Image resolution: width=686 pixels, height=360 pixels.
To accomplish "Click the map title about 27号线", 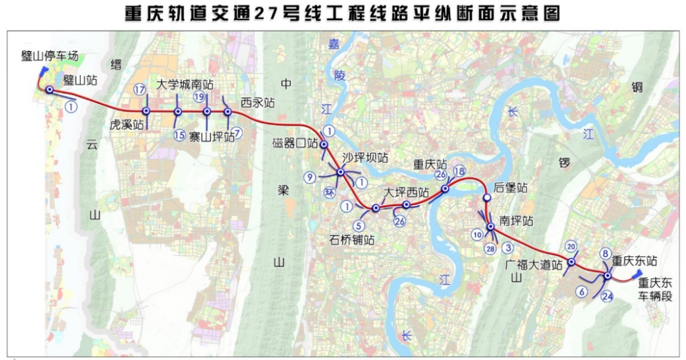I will tap(342, 14).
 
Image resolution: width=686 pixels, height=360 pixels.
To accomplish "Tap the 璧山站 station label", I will tap(80, 80).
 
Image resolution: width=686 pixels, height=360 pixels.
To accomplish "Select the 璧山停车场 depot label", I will tap(50, 56).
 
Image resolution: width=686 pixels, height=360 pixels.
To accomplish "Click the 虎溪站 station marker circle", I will tap(145, 111).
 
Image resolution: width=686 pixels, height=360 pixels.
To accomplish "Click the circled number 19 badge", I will tap(199, 97).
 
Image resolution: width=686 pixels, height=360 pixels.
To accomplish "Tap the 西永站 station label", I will tap(258, 103).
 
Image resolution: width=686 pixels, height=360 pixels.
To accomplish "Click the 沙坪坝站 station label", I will tap(366, 158).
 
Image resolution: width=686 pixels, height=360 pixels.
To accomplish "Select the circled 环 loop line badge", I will tap(329, 192).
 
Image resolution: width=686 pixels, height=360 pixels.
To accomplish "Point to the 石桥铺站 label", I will tap(352, 239).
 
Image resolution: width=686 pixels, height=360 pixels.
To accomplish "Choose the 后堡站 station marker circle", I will tap(487, 198).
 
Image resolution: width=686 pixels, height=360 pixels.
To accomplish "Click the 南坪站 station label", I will tap(517, 221).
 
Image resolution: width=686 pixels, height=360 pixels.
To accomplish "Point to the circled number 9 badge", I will tap(309, 178).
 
